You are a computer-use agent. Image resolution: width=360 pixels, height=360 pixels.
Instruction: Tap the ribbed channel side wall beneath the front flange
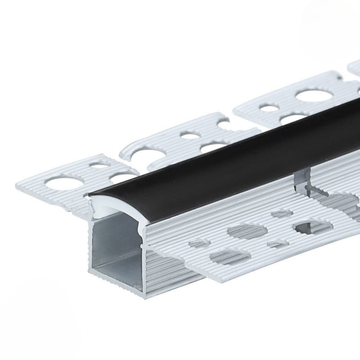(171, 270)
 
